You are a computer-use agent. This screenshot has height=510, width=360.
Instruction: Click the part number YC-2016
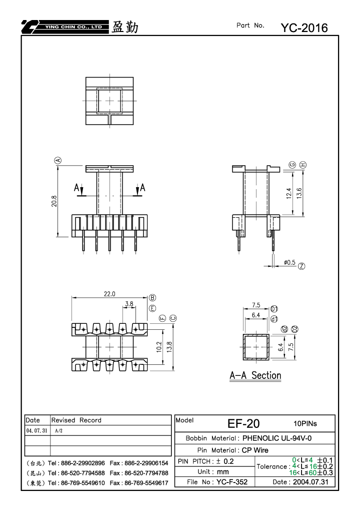304,28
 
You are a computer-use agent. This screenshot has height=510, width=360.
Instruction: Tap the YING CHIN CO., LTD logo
65,27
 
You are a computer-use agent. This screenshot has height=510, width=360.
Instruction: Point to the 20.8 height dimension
54,201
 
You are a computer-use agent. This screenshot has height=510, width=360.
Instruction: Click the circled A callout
58,160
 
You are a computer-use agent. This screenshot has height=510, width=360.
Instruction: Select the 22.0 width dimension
109,294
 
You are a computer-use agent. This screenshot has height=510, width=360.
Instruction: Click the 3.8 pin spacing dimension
129,304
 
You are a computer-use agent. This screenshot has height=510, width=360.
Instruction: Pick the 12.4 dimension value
289,193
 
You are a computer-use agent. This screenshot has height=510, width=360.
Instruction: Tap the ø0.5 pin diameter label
289,262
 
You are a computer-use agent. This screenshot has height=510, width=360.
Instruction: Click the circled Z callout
301,266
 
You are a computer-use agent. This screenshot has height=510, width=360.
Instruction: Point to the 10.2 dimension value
159,347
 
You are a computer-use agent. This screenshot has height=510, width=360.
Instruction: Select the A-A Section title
255,375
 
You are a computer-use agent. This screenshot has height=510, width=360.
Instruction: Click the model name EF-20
243,423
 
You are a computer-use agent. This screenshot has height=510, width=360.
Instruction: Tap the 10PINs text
305,423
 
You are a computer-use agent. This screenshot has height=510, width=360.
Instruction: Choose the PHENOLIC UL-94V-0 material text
277,438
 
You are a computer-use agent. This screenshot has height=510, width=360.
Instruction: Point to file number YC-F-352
232,481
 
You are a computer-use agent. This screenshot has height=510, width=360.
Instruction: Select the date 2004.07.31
310,481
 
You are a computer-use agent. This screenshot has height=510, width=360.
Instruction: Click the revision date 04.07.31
36,430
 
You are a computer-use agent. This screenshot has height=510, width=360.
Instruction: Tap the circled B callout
152,298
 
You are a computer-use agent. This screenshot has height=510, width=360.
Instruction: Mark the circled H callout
303,165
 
